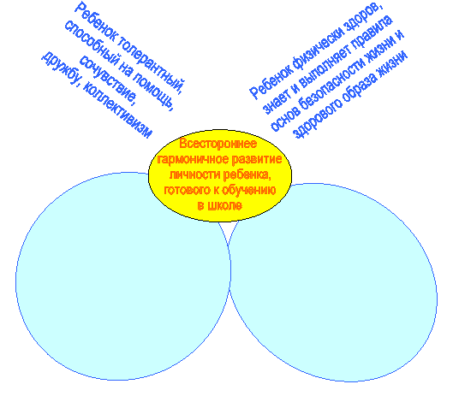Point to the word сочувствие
pyautogui.click(x=108, y=79)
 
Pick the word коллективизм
pyautogui.click(x=117, y=110)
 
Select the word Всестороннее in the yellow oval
pyautogui.click(x=218, y=144)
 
